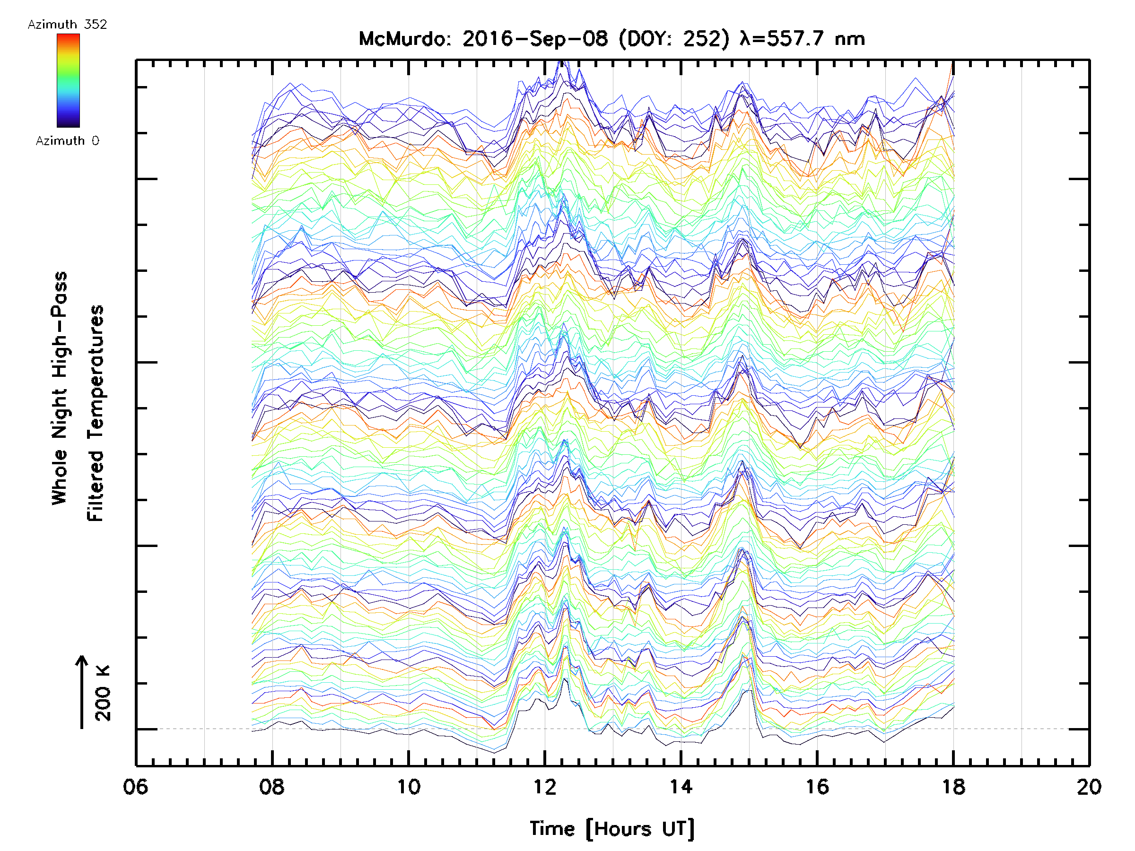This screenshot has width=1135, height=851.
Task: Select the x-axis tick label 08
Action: coord(272,787)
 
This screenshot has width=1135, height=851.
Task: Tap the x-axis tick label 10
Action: coord(409,787)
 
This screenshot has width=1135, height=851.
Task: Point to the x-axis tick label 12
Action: coord(544,787)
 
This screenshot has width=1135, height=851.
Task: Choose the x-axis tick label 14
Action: coord(681,787)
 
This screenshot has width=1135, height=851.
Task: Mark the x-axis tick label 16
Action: coord(817,787)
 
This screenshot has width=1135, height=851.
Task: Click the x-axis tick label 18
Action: coord(953,787)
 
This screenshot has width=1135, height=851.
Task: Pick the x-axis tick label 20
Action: coord(1089,787)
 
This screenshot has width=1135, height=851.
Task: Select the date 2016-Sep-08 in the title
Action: coord(535,39)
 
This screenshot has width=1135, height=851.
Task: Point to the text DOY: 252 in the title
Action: coord(674,39)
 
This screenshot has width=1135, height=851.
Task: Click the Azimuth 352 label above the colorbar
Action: coord(67,25)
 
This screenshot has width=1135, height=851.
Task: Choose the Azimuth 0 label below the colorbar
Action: coord(67,141)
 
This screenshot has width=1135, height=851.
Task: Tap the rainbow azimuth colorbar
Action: coord(68,80)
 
